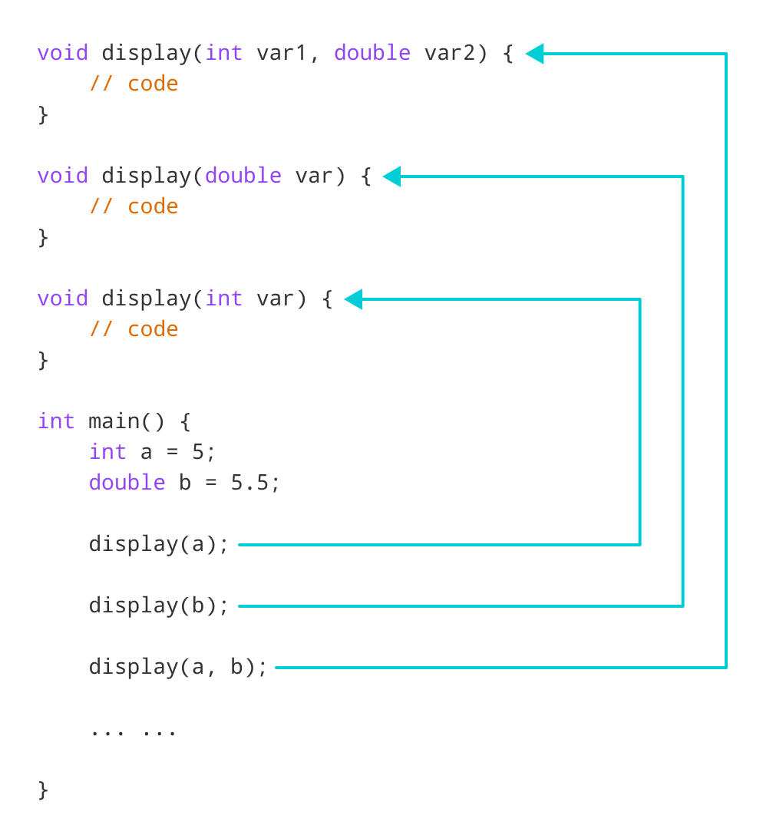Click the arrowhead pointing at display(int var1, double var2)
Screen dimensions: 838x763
535,54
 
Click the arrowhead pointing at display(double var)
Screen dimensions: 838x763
391,177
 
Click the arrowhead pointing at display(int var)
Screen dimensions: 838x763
353,299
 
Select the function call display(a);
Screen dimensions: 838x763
159,544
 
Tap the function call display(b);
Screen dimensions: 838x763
159,605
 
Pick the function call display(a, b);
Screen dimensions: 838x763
178,667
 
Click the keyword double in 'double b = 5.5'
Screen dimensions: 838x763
127,483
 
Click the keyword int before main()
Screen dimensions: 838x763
56,421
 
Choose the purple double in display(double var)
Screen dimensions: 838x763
243,176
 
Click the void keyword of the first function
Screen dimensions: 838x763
63,53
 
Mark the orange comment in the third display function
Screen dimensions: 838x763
134,329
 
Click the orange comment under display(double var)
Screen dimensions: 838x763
134,206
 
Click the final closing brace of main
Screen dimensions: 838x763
43,790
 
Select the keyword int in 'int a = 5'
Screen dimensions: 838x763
107,452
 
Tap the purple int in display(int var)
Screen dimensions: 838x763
224,299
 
